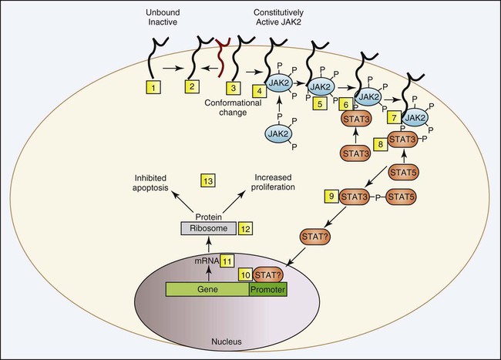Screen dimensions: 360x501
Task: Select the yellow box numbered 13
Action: click(x=207, y=180)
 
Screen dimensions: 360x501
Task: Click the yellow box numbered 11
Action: click(x=227, y=261)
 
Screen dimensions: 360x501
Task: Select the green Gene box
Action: click(x=207, y=291)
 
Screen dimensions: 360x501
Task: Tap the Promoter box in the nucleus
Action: click(x=267, y=291)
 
